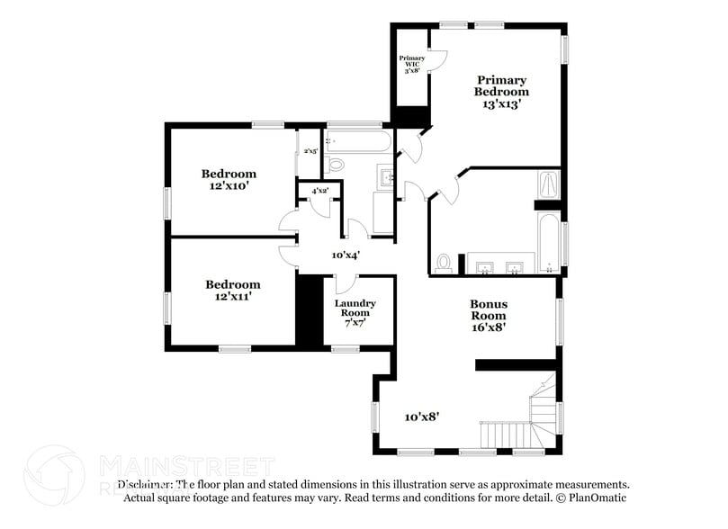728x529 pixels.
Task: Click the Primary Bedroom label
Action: point(502,92)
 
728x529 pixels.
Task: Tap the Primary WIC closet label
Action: point(412,65)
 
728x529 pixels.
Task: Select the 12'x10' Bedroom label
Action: point(229,180)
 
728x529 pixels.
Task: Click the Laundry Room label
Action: point(355,312)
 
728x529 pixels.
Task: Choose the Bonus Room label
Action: point(488,316)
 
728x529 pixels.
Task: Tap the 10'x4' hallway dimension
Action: point(346,256)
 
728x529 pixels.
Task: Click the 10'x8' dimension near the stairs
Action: point(421,417)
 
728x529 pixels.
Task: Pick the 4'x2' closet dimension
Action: point(319,191)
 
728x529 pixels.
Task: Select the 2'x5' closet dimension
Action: point(310,151)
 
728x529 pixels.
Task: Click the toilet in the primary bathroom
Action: point(443,263)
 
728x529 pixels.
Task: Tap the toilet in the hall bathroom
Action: point(335,164)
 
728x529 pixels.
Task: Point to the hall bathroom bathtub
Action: point(357,141)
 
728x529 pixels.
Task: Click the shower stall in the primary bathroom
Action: point(548,185)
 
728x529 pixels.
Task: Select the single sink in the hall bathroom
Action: point(386,177)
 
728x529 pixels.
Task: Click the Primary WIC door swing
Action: point(437,59)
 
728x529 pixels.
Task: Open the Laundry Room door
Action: point(346,283)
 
